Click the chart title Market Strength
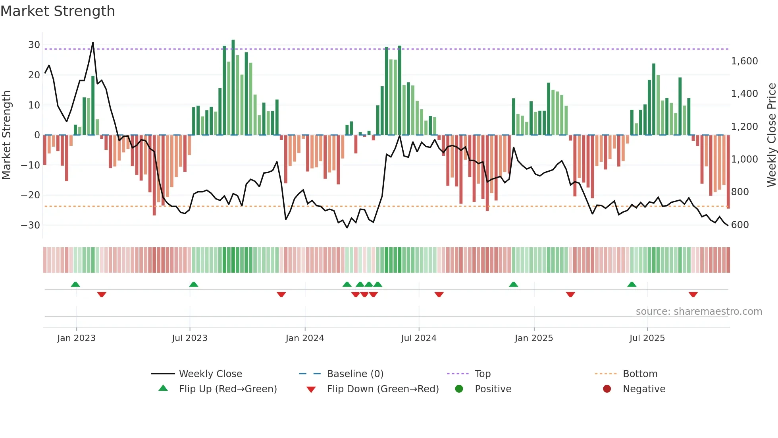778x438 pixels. coord(58,11)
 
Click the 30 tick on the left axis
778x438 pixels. coord(34,45)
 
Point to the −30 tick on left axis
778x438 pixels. coord(31,225)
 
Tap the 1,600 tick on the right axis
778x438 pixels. coord(744,61)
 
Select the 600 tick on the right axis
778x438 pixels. coord(739,225)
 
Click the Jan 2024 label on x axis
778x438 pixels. coord(304,338)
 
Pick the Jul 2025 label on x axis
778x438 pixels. coord(647,338)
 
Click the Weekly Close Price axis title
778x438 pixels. coord(771,135)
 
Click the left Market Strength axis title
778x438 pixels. coord(7,135)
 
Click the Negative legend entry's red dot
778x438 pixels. coord(607,389)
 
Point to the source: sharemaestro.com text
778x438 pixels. coord(699,312)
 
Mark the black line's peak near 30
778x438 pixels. coord(93,43)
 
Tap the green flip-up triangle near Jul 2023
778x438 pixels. coord(194,284)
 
